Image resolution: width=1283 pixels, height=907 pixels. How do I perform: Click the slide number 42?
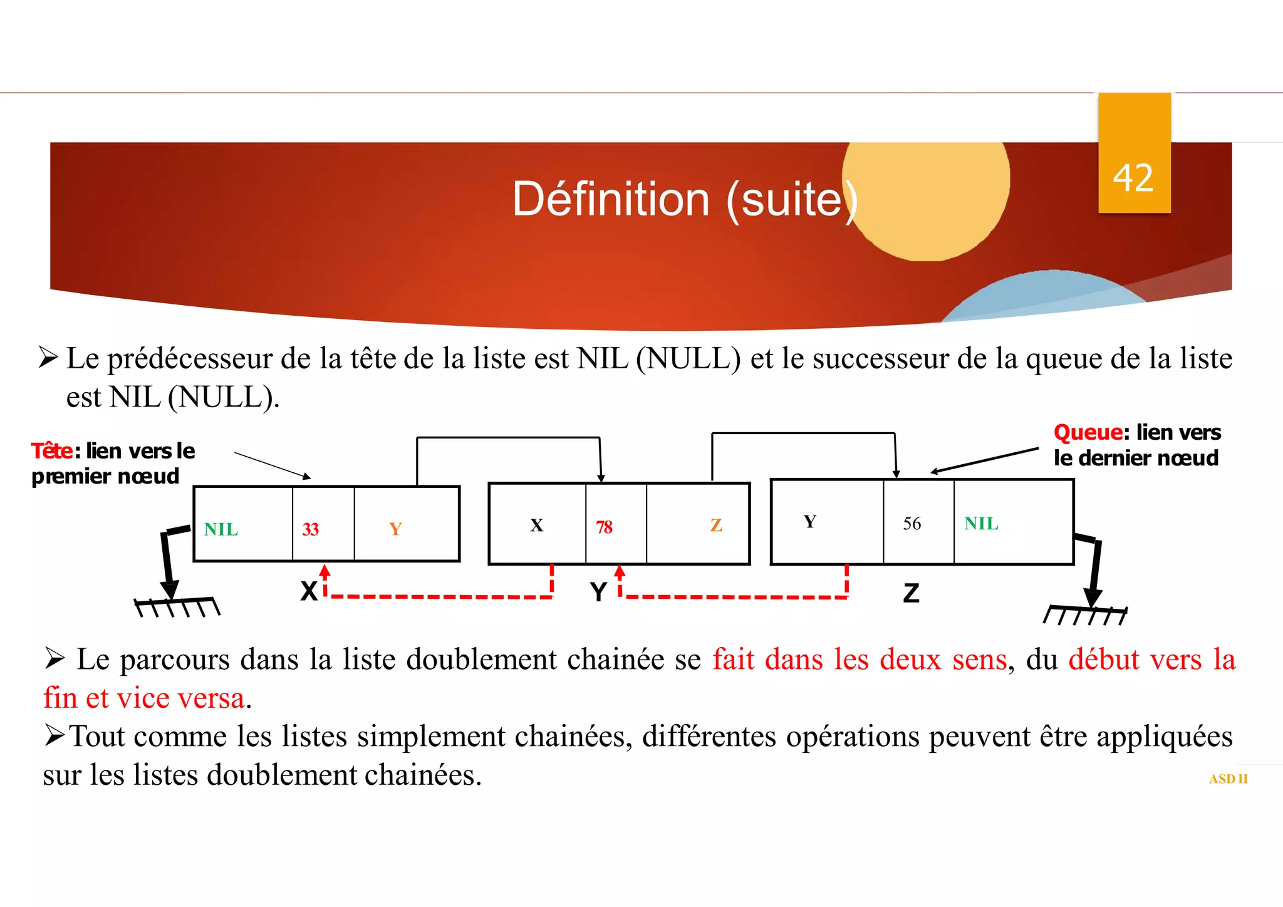pyautogui.click(x=1133, y=178)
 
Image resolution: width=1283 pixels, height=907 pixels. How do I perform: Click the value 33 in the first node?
pyautogui.click(x=311, y=529)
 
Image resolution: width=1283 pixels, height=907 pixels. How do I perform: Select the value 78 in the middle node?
pyautogui.click(x=604, y=527)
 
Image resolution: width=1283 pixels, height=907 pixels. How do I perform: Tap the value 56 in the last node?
pyautogui.click(x=912, y=524)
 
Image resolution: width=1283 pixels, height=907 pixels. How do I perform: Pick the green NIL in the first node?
pyautogui.click(x=221, y=530)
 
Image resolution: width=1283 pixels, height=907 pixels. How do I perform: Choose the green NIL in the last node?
pyautogui.click(x=981, y=524)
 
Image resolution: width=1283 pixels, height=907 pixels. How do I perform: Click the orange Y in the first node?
pyautogui.click(x=395, y=529)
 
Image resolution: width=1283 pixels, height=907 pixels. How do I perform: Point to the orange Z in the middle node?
pyautogui.click(x=716, y=526)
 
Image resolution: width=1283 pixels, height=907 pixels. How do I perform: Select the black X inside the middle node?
pyautogui.click(x=537, y=526)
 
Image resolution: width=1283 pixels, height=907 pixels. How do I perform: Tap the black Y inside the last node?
pyautogui.click(x=810, y=522)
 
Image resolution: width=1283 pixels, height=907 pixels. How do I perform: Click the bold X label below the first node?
pyautogui.click(x=309, y=591)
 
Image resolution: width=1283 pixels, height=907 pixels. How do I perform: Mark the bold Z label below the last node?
pyautogui.click(x=912, y=593)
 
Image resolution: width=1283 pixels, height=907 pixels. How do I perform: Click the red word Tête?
pyautogui.click(x=52, y=450)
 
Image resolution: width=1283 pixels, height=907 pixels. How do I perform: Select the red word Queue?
pyautogui.click(x=1088, y=432)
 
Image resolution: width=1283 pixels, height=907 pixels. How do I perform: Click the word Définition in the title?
pyautogui.click(x=611, y=199)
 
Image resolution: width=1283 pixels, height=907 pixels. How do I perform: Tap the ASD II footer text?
pyautogui.click(x=1228, y=779)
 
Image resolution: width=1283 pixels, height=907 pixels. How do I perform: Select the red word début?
pyautogui.click(x=1104, y=660)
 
